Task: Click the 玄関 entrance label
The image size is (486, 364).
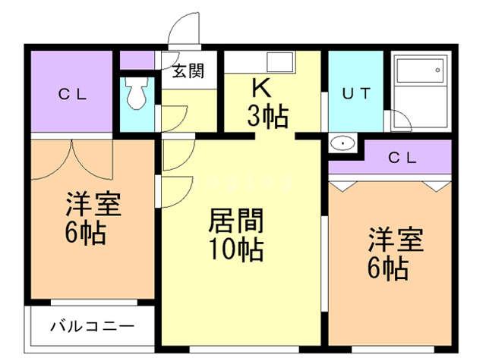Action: (x=187, y=72)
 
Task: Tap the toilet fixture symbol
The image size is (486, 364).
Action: (x=137, y=93)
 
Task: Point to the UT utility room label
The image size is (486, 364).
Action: (x=355, y=94)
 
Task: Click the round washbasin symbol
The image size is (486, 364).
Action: (x=343, y=143)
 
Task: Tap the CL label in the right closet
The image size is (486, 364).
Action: (x=402, y=158)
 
